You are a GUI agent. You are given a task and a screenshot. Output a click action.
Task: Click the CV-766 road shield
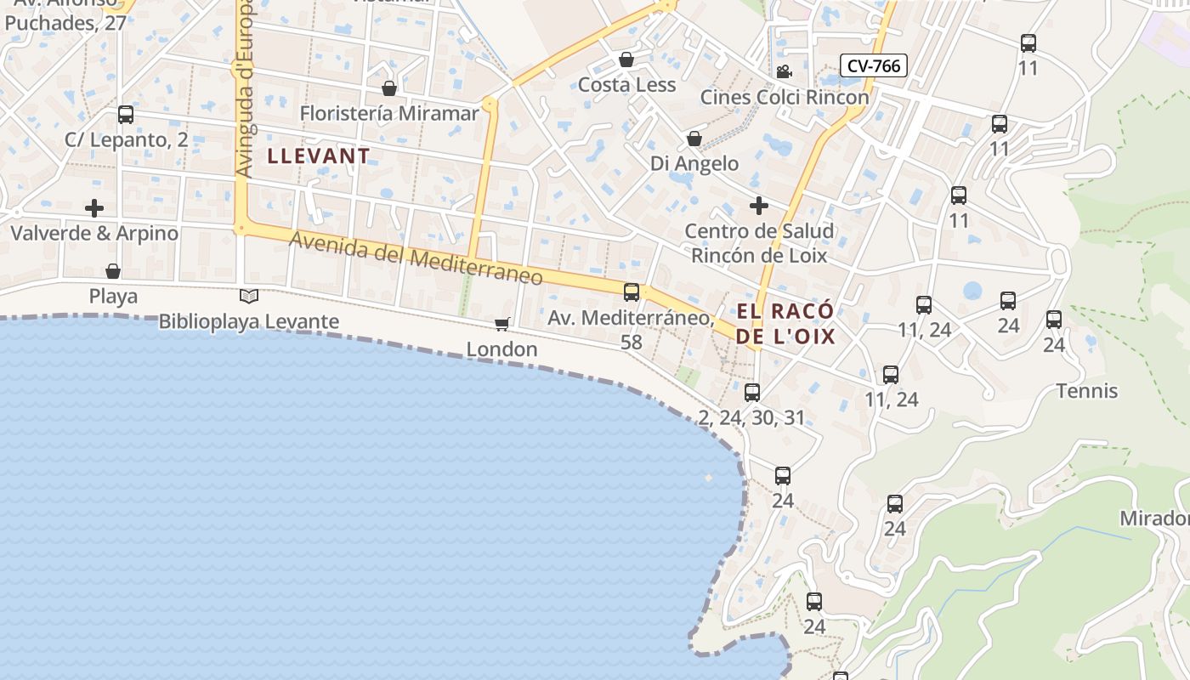pyautogui.click(x=873, y=65)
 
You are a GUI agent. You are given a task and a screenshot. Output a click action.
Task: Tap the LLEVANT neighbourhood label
pyautogui.click(x=319, y=156)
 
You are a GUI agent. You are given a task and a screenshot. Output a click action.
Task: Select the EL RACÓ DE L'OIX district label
pyautogui.click(x=785, y=323)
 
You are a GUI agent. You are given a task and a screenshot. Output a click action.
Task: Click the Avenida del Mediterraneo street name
pyautogui.click(x=416, y=258)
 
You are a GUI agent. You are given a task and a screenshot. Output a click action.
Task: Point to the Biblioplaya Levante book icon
pyautogui.click(x=248, y=296)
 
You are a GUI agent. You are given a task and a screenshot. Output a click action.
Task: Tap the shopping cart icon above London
pyautogui.click(x=502, y=324)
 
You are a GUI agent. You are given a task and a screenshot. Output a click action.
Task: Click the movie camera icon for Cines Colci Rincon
pyautogui.click(x=784, y=72)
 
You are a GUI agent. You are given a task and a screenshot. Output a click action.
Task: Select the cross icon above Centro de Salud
pyautogui.click(x=758, y=206)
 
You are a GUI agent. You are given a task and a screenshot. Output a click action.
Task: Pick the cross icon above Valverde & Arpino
pyautogui.click(x=94, y=208)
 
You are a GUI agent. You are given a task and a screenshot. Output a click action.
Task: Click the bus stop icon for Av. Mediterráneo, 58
pyautogui.click(x=632, y=292)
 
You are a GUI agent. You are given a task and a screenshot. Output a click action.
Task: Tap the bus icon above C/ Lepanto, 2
pyautogui.click(x=126, y=115)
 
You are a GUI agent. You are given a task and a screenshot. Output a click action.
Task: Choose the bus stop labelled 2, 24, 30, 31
pyautogui.click(x=752, y=393)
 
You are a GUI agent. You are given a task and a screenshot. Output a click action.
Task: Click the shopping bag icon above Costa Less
pyautogui.click(x=626, y=59)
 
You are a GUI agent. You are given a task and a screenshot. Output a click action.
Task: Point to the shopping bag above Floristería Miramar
pyautogui.click(x=389, y=88)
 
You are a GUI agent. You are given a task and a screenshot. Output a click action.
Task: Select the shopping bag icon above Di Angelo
pyautogui.click(x=694, y=139)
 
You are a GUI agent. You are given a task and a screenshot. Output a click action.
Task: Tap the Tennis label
pyautogui.click(x=1086, y=391)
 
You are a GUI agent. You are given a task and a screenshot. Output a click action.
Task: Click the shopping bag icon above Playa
pyautogui.click(x=113, y=271)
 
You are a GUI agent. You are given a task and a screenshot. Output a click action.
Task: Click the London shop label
pyautogui.click(x=501, y=349)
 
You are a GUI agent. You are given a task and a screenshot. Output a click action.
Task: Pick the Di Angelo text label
pyautogui.click(x=694, y=163)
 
